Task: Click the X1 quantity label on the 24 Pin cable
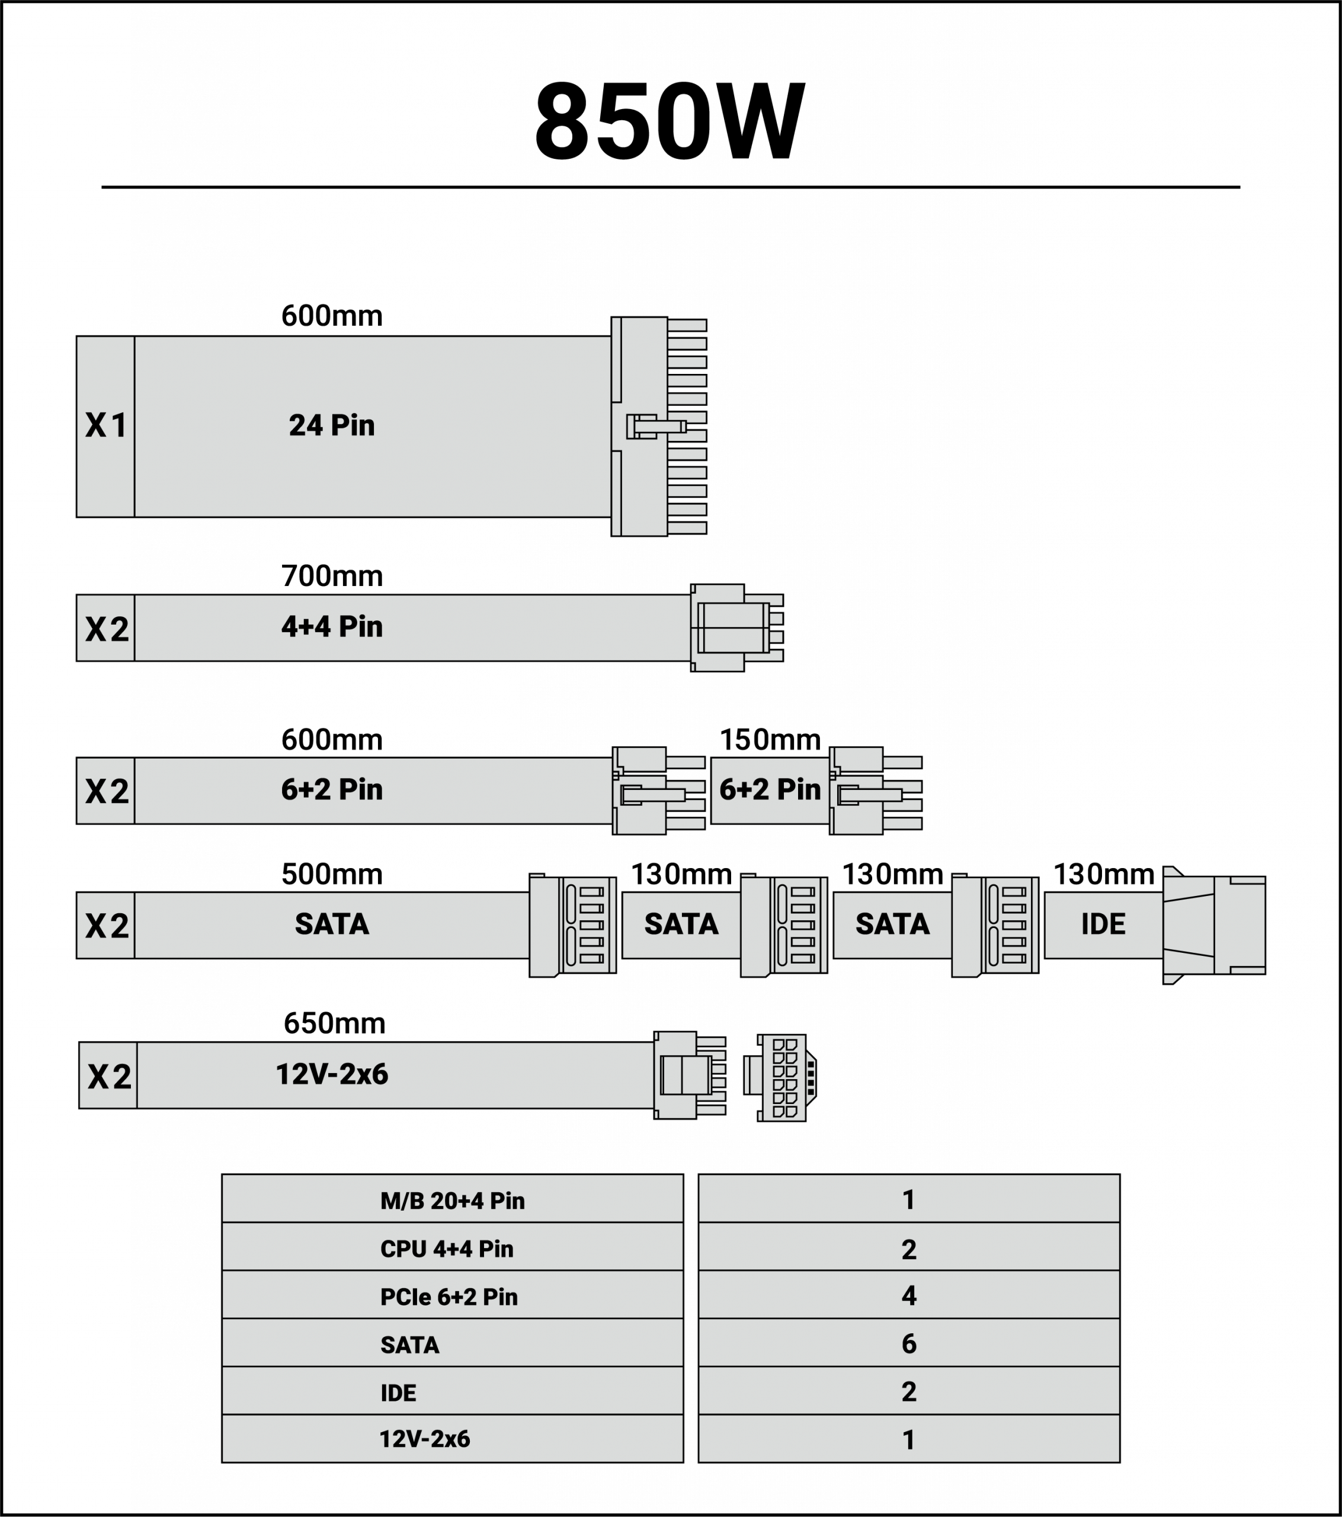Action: (x=105, y=425)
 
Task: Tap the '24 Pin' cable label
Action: (x=332, y=425)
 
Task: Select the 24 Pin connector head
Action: (x=658, y=426)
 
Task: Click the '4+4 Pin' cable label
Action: (x=332, y=626)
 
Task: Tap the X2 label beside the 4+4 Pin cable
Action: (x=106, y=629)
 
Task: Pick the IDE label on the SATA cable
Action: (x=1103, y=924)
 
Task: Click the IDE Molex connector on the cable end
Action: (x=1213, y=925)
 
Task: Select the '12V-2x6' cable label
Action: (x=332, y=1074)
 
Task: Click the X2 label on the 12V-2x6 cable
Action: (x=108, y=1076)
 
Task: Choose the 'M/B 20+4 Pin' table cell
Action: (x=452, y=1200)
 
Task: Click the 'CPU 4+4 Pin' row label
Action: (x=447, y=1249)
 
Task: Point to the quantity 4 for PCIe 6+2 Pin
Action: (x=908, y=1296)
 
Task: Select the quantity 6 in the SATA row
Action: (x=908, y=1344)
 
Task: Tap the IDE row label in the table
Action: (x=399, y=1393)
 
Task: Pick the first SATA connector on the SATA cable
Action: (x=572, y=925)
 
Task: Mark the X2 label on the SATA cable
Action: (x=106, y=926)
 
